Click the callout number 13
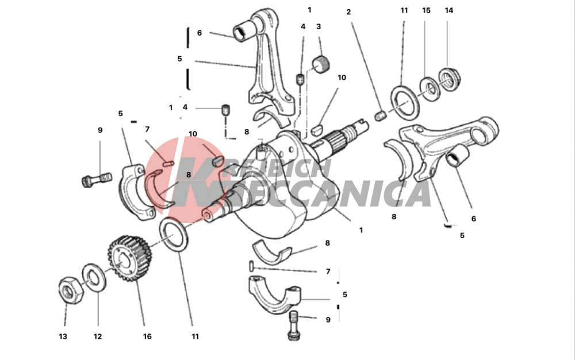63,336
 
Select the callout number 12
98,336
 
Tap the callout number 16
147,336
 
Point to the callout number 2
348,12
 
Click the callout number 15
426,10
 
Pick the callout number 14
449,10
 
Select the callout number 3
319,26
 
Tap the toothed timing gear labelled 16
130,259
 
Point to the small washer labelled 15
429,88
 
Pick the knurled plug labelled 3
321,64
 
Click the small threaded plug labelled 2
381,116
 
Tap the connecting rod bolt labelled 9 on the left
95,180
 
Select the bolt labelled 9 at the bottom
294,325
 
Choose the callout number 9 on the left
100,130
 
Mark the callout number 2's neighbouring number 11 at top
404,10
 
